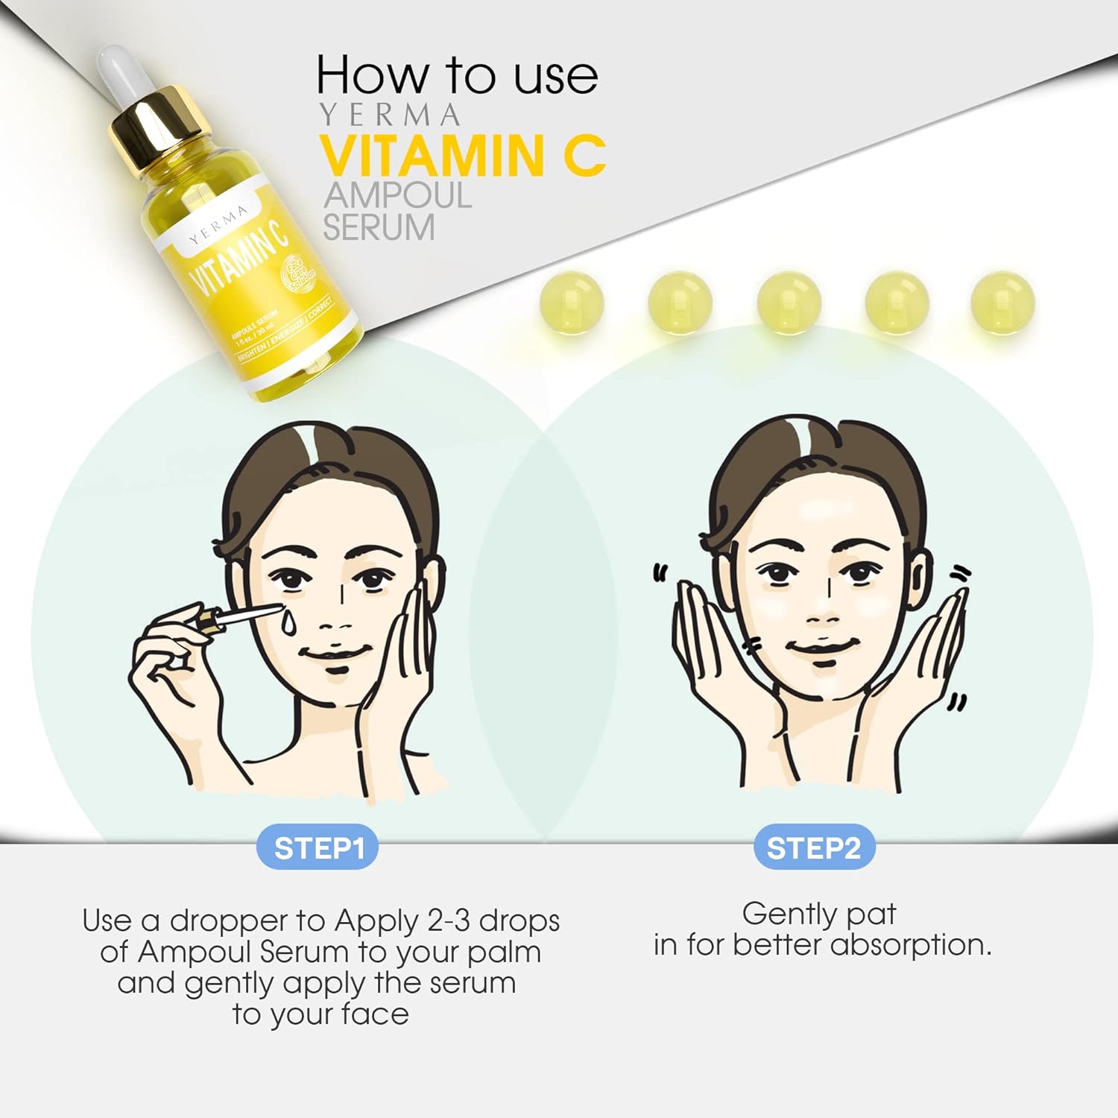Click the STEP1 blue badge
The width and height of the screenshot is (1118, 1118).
tap(318, 848)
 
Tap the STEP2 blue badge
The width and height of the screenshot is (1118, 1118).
tap(813, 848)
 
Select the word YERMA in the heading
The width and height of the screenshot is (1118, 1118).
tap(390, 116)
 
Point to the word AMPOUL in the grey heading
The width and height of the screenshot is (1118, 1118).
tap(397, 195)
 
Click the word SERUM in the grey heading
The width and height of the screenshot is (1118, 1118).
tap(379, 227)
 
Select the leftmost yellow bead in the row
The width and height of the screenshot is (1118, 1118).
tap(571, 303)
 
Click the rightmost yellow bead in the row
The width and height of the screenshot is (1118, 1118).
tap(1002, 303)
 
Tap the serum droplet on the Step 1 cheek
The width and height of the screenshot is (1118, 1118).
tap(288, 623)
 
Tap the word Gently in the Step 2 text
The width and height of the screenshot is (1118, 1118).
tap(789, 914)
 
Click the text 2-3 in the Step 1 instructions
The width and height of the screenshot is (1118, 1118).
tap(449, 921)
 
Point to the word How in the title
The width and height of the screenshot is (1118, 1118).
tap(373, 76)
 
